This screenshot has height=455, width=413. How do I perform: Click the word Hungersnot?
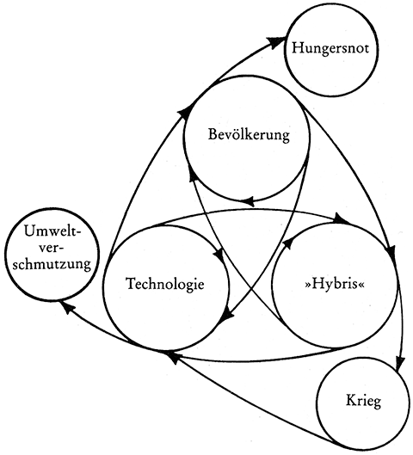[330, 48]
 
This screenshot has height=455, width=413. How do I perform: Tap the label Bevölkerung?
[249, 135]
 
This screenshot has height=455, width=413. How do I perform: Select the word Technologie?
[165, 284]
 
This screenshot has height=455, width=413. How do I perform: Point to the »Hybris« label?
[335, 285]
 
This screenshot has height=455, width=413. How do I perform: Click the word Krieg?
[363, 402]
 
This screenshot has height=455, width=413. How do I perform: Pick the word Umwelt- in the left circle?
[52, 232]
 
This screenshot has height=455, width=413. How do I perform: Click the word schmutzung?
[52, 264]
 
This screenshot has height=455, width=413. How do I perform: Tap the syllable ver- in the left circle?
[52, 249]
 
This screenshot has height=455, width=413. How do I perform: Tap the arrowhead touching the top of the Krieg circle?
[400, 362]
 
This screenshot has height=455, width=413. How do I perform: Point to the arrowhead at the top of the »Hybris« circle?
[342, 218]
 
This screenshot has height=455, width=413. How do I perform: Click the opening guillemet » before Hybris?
[308, 286]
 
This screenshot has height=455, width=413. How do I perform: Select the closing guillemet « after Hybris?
[361, 286]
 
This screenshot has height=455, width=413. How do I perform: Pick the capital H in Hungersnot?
[298, 48]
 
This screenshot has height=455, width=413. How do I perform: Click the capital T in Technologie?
[132, 283]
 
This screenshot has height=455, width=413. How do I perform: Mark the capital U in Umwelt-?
[30, 232]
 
